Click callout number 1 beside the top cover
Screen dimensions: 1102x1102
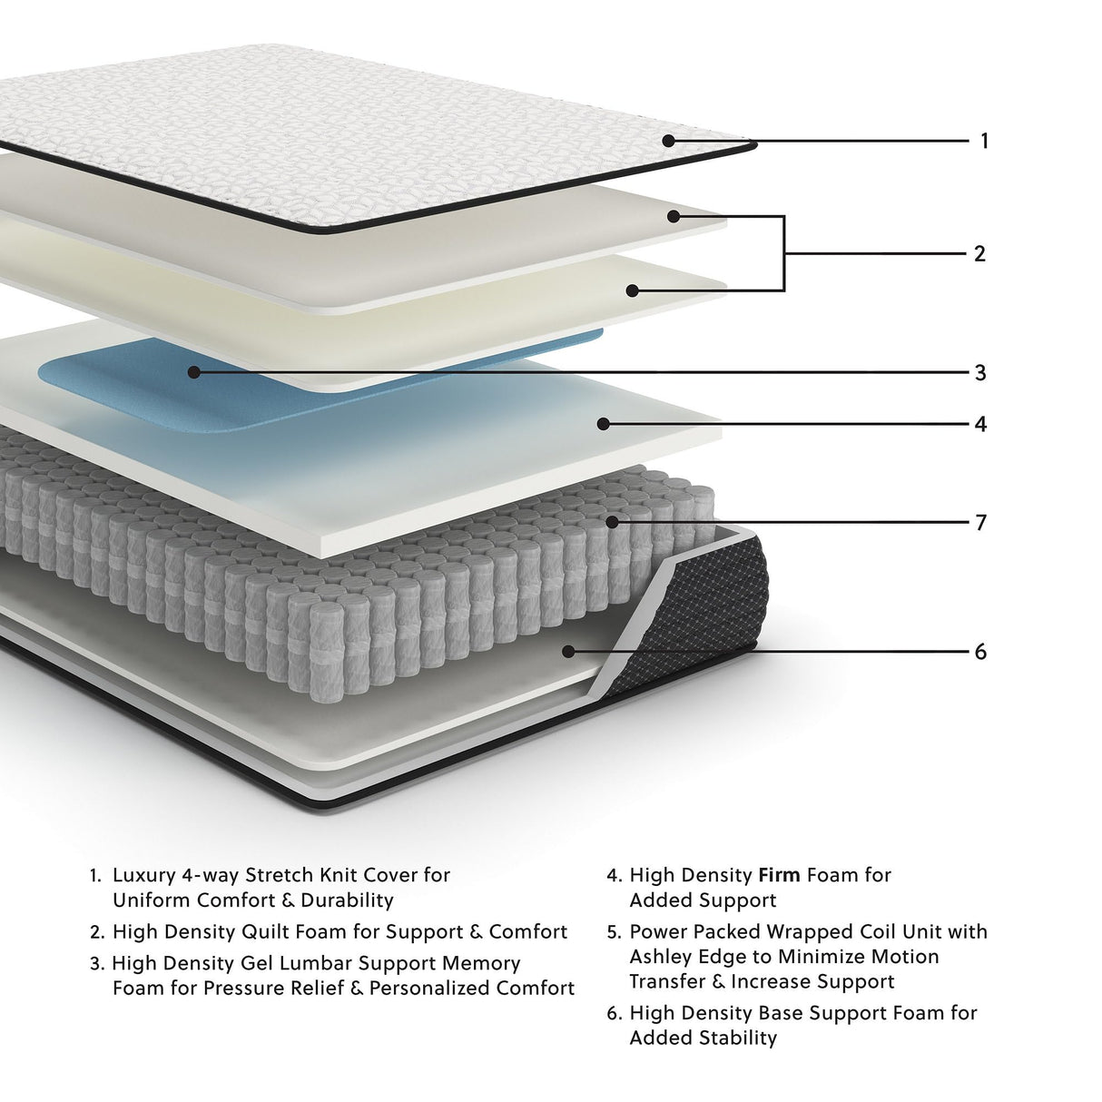[984, 141]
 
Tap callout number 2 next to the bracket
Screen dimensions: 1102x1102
[979, 253]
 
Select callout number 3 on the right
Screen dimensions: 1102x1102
[980, 372]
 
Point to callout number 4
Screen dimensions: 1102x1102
[980, 424]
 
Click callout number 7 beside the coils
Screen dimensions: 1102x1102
[980, 522]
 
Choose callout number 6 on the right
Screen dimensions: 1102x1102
[980, 652]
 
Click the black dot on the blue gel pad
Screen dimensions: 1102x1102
[193, 371]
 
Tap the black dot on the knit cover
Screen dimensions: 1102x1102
[668, 141]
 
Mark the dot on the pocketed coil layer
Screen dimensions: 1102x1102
[613, 522]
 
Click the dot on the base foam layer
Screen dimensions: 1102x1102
[569, 651]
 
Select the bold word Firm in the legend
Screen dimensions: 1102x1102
[779, 875]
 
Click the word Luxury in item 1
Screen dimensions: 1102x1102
[144, 875]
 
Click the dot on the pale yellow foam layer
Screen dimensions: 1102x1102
[633, 290]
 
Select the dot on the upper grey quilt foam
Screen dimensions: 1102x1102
[673, 216]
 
